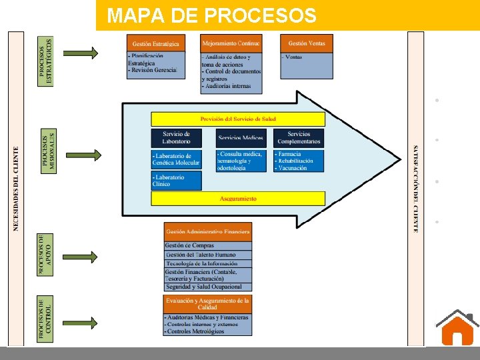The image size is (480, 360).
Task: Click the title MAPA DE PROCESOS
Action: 213,15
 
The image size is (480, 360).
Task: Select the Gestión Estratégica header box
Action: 155,43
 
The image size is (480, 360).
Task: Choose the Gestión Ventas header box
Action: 307,43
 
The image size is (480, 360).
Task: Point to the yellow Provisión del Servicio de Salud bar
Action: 238,119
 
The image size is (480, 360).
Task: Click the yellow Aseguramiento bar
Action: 238,199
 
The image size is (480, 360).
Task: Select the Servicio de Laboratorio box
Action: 176,138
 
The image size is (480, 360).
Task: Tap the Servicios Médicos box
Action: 241,138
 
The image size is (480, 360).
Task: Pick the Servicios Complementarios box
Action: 299,138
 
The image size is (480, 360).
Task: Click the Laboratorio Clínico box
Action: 176,181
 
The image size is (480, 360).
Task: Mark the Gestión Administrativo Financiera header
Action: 207,231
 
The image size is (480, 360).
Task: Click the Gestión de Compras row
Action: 207,246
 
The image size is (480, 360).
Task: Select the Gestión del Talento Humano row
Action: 207,255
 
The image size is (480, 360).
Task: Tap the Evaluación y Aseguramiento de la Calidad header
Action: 207,304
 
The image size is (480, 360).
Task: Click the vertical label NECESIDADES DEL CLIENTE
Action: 17,189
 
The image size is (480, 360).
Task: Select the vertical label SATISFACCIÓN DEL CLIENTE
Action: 416,189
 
